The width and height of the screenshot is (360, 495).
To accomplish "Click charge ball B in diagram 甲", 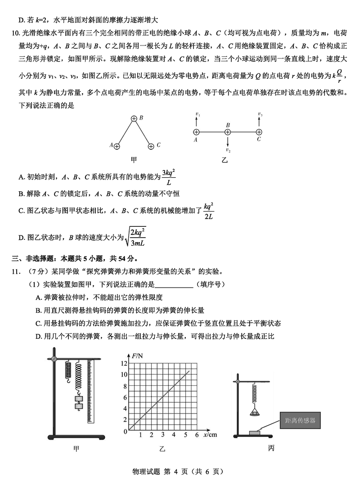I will tap(134, 118).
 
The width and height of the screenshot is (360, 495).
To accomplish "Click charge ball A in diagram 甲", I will tap(117, 146).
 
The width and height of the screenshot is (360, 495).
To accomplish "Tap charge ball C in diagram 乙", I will tap(259, 132).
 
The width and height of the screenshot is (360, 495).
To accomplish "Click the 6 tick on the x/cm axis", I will tap(197, 435).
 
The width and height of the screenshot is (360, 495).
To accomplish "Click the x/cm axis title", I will tap(210, 435).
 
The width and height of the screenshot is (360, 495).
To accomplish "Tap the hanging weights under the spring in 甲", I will tap(79, 402).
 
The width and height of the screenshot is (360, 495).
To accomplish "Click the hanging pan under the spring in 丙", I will tap(255, 410).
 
